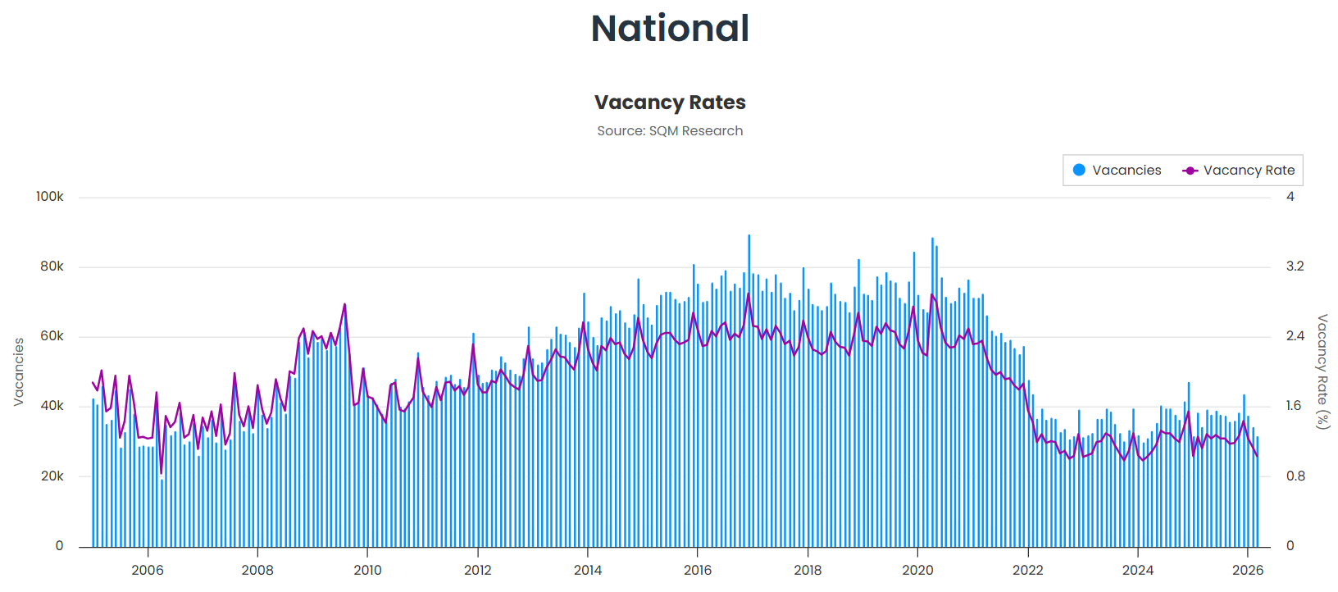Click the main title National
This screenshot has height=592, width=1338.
670,29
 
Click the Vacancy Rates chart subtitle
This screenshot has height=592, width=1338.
670,102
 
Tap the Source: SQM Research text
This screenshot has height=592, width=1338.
670,131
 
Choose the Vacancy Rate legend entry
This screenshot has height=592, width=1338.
1239,171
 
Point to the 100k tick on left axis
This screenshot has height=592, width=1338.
49,197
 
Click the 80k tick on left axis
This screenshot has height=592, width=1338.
52,266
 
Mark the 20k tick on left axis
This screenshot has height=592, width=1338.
52,476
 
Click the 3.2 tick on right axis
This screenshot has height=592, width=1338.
1295,266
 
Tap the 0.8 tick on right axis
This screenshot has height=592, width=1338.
1295,476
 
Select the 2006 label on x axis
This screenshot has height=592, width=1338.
148,571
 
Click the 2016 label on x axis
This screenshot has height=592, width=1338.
698,571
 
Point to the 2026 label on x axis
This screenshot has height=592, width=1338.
1248,571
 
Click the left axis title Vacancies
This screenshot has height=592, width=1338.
19,372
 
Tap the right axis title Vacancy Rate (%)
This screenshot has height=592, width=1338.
1322,371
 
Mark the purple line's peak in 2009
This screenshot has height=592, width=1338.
344,304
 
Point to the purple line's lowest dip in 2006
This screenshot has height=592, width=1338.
162,473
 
